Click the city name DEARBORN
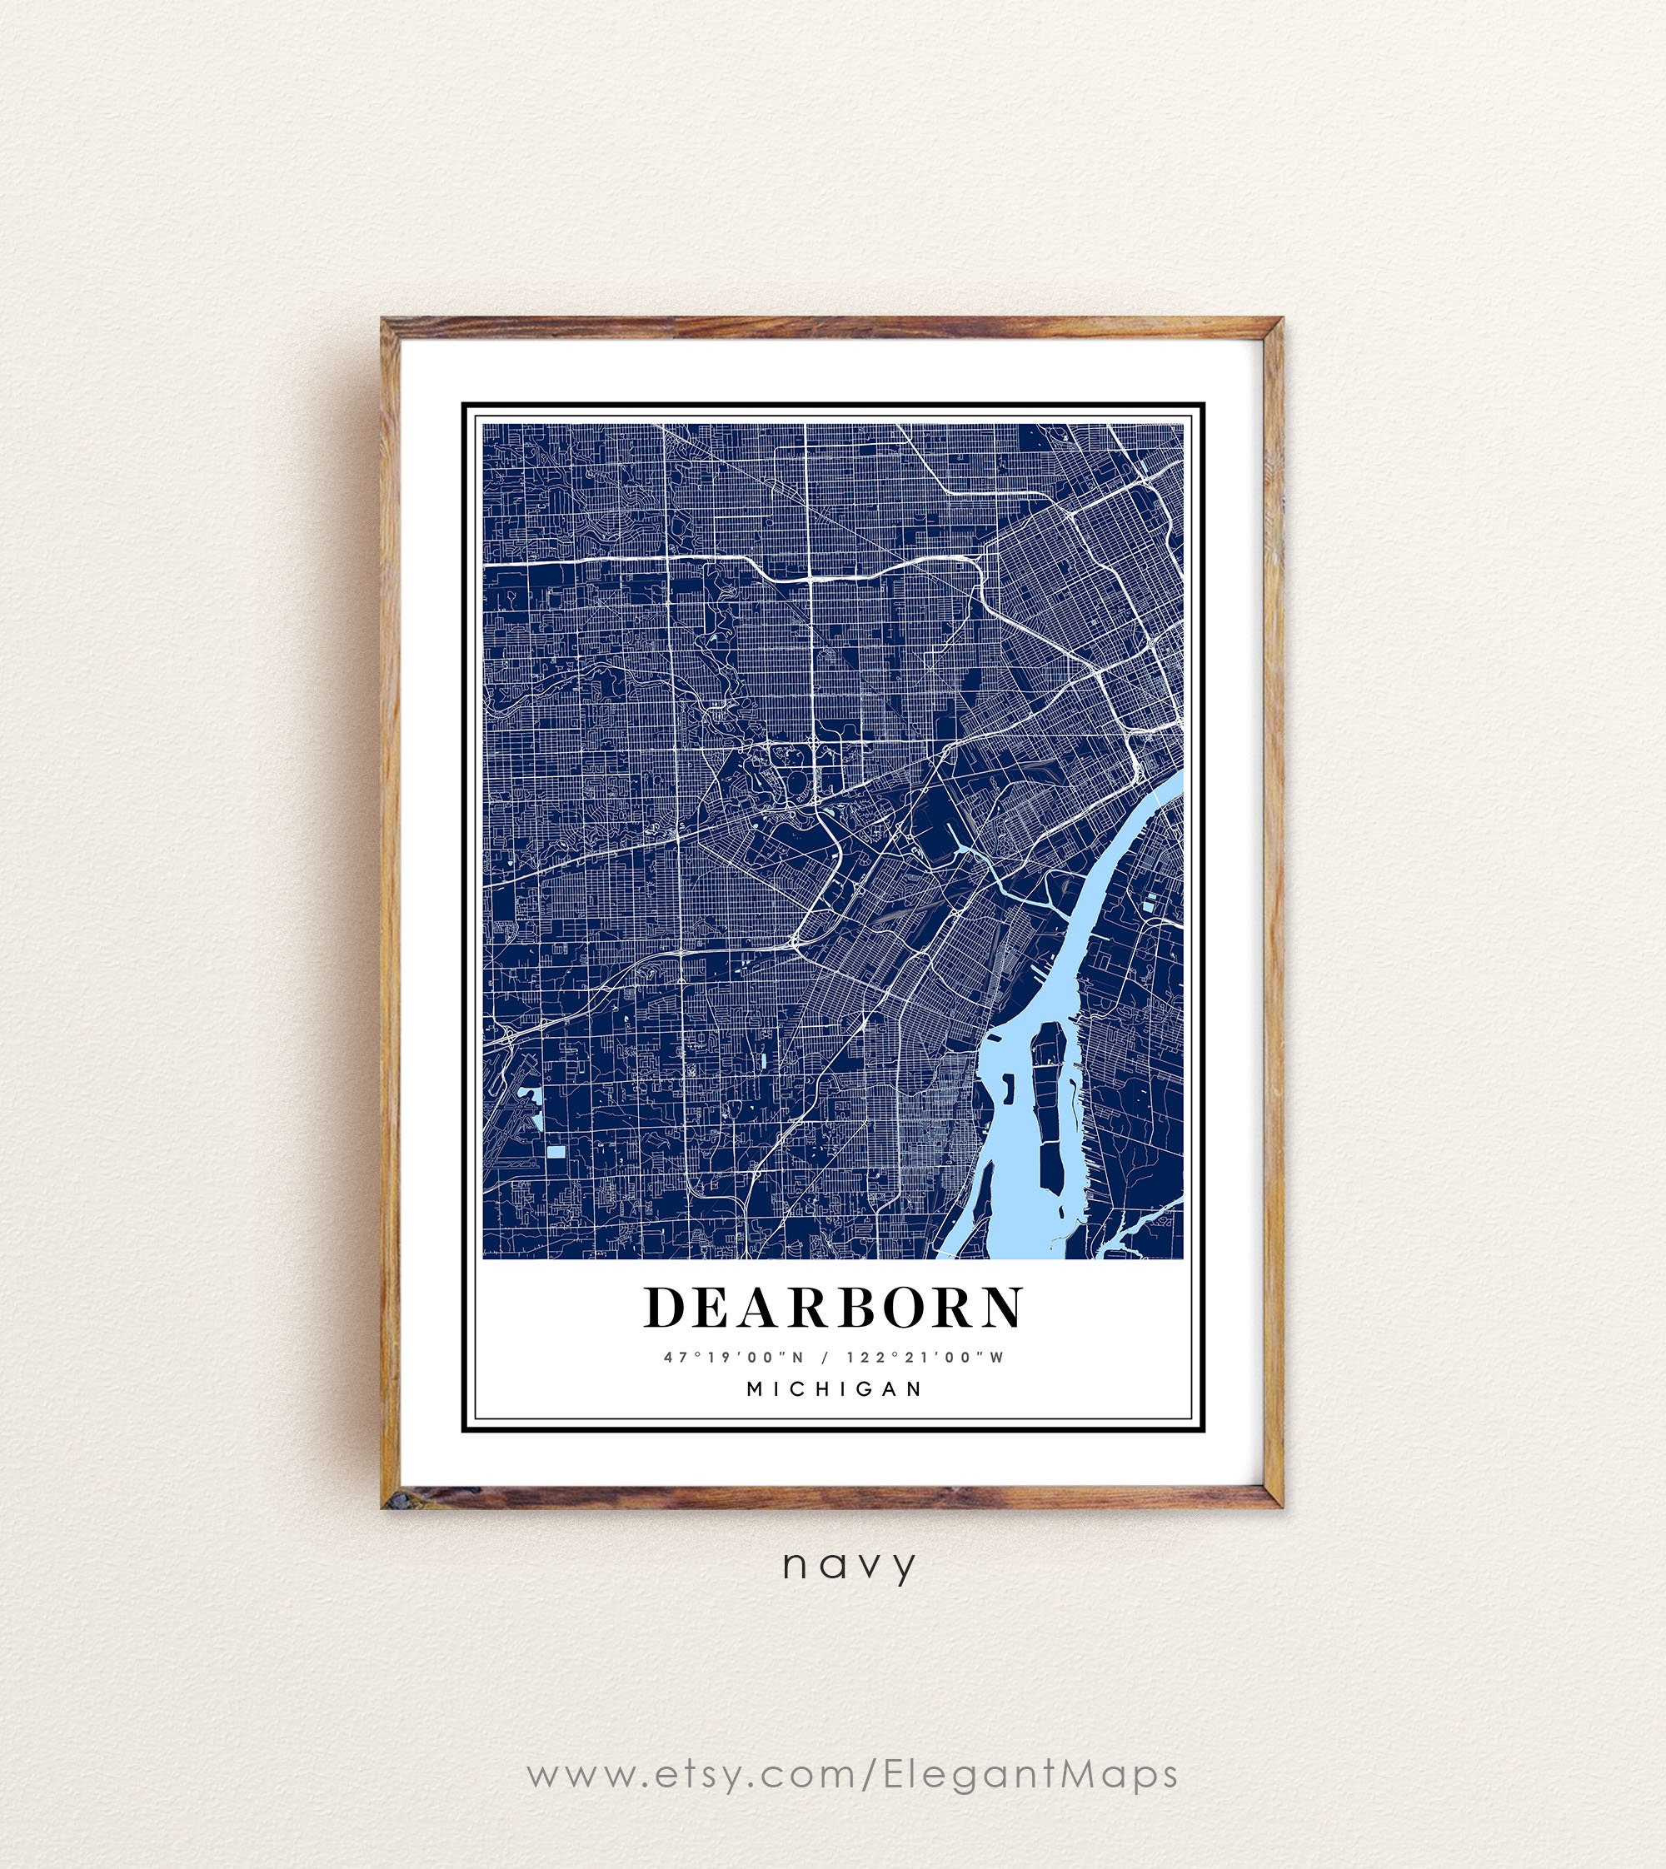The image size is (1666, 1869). (x=834, y=1307)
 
